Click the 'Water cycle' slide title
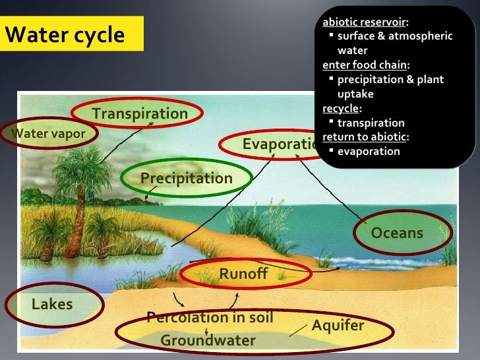tap(65, 35)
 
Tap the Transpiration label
tap(140, 113)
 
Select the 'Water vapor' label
tap(49, 134)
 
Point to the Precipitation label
tap(186, 179)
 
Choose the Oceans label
tap(397, 233)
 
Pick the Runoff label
tap(243, 274)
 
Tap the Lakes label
tap(52, 304)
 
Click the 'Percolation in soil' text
tap(210, 318)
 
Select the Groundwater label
tap(208, 340)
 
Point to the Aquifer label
tap(338, 326)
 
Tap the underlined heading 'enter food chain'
tap(365, 65)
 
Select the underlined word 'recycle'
tap(341, 108)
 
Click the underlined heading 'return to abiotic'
tap(365, 137)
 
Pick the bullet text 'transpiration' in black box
tap(371, 123)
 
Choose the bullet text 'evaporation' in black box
tap(369, 151)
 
